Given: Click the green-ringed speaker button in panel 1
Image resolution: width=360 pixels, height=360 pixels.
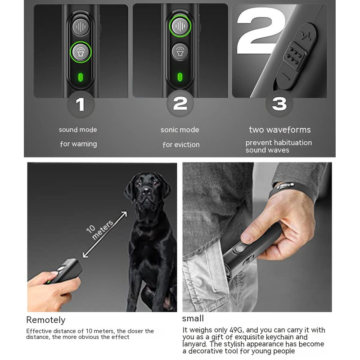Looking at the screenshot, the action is (x=81, y=52).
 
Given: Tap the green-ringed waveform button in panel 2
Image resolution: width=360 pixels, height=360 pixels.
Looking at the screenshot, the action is (x=180, y=26).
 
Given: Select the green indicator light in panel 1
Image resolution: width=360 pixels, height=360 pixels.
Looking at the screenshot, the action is (x=81, y=77).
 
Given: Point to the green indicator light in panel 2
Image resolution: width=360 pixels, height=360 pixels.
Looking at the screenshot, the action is (x=180, y=77).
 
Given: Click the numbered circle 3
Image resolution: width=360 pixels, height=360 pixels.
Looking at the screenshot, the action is (x=279, y=103).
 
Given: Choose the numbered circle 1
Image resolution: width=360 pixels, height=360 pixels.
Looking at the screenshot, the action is (x=81, y=104).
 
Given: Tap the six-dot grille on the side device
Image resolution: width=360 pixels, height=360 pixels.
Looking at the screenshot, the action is (x=295, y=56).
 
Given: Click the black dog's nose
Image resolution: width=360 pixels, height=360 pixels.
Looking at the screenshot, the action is (x=146, y=191).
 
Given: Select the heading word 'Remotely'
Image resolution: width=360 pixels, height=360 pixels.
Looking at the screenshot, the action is (x=46, y=320).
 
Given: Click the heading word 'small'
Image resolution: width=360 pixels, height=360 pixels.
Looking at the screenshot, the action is (x=193, y=319).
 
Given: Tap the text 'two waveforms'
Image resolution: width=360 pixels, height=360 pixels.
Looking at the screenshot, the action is (x=279, y=130).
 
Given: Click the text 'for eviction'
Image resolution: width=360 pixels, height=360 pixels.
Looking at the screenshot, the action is (x=181, y=144).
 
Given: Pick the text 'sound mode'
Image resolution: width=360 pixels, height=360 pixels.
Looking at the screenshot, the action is (x=78, y=130).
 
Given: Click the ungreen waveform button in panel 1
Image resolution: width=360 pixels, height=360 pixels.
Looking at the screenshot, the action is (x=81, y=27).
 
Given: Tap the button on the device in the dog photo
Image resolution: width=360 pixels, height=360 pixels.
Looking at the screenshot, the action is (x=62, y=269).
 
